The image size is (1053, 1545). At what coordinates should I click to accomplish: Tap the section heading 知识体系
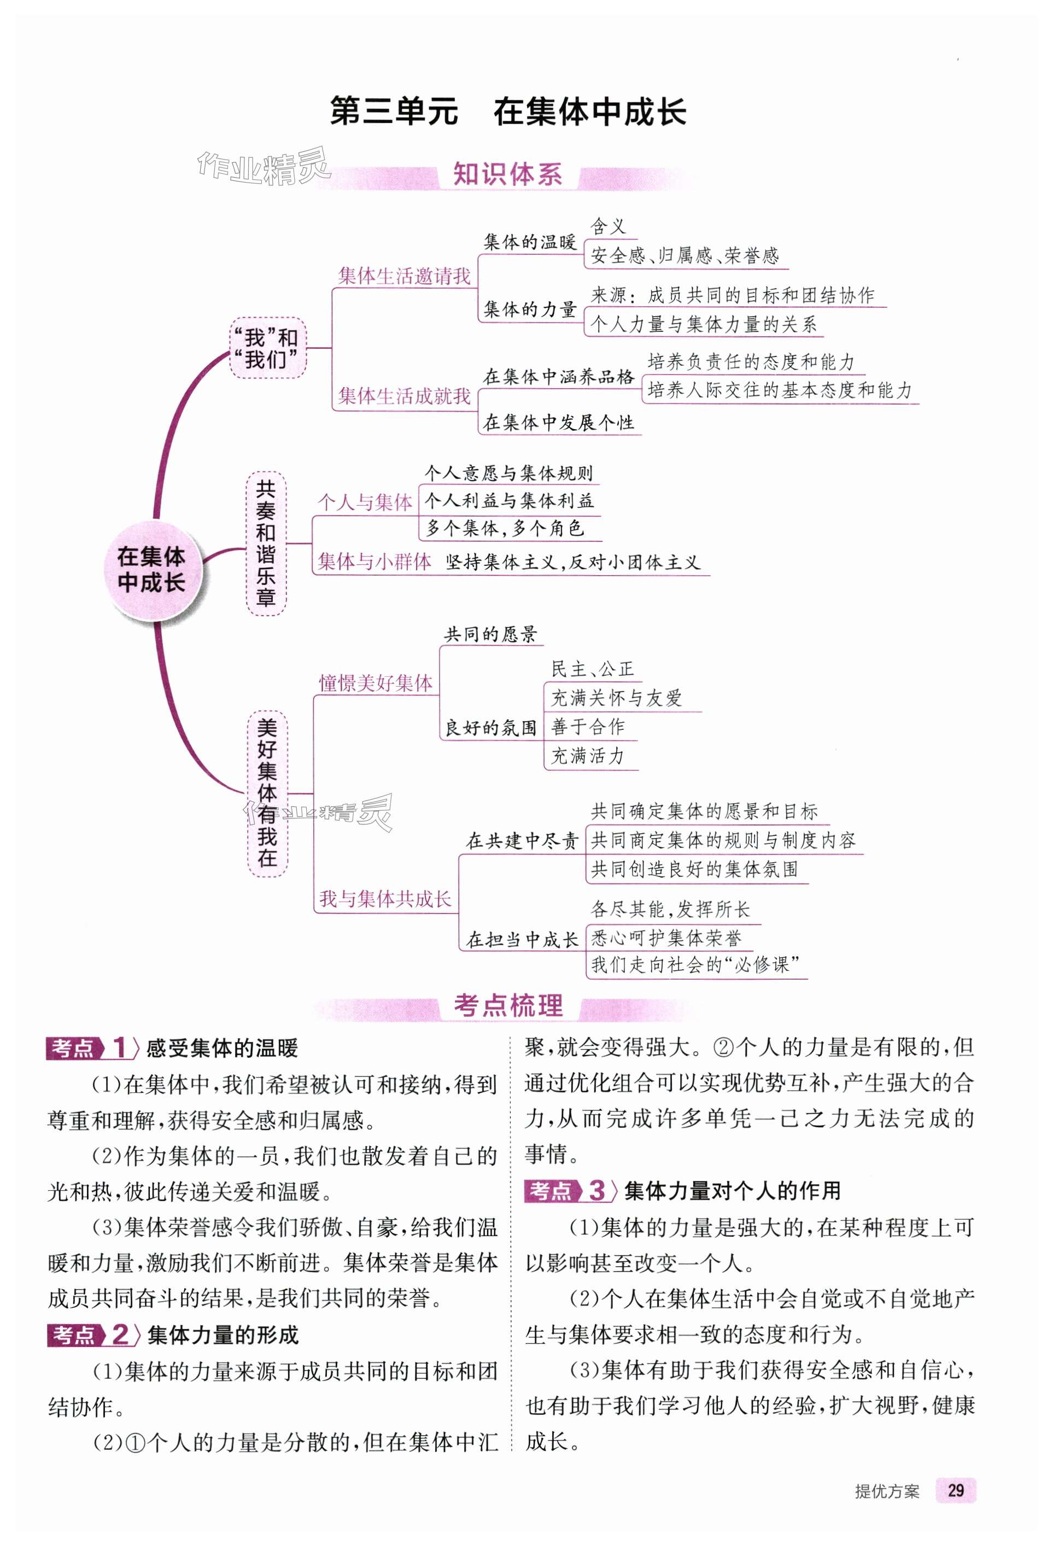pyautogui.click(x=507, y=175)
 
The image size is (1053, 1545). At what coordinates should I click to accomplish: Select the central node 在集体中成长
pyautogui.click(x=151, y=569)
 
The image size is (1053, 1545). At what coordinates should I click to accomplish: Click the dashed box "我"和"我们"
pyautogui.click(x=268, y=348)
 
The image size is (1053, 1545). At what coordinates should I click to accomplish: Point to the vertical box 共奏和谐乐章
pyautogui.click(x=266, y=543)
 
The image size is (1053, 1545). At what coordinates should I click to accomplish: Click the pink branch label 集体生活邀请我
pyautogui.click(x=403, y=276)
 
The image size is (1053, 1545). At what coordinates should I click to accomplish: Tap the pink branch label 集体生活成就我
pyautogui.click(x=403, y=396)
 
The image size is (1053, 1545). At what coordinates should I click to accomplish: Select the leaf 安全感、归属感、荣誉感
pyautogui.click(x=684, y=256)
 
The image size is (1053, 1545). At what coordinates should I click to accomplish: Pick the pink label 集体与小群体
pyautogui.click(x=375, y=562)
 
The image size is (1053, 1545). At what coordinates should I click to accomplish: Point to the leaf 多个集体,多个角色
pyautogui.click(x=505, y=529)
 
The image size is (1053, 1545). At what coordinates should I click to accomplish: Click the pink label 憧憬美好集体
pyautogui.click(x=376, y=683)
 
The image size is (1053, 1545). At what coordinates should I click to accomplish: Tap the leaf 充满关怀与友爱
pyautogui.click(x=616, y=698)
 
